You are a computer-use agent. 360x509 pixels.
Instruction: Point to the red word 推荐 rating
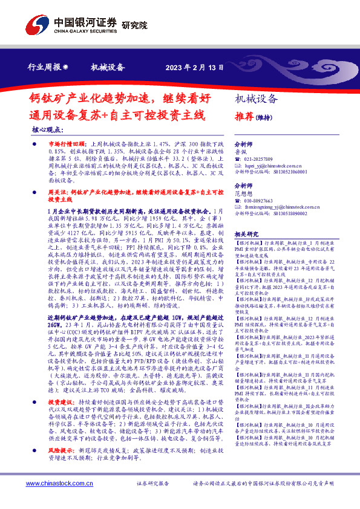[x=244, y=117]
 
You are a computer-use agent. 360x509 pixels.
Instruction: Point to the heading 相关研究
[x=246, y=234]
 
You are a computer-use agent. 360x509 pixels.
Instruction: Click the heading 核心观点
[x=47, y=130]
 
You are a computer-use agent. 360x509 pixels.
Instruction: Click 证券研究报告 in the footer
[x=154, y=484]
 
